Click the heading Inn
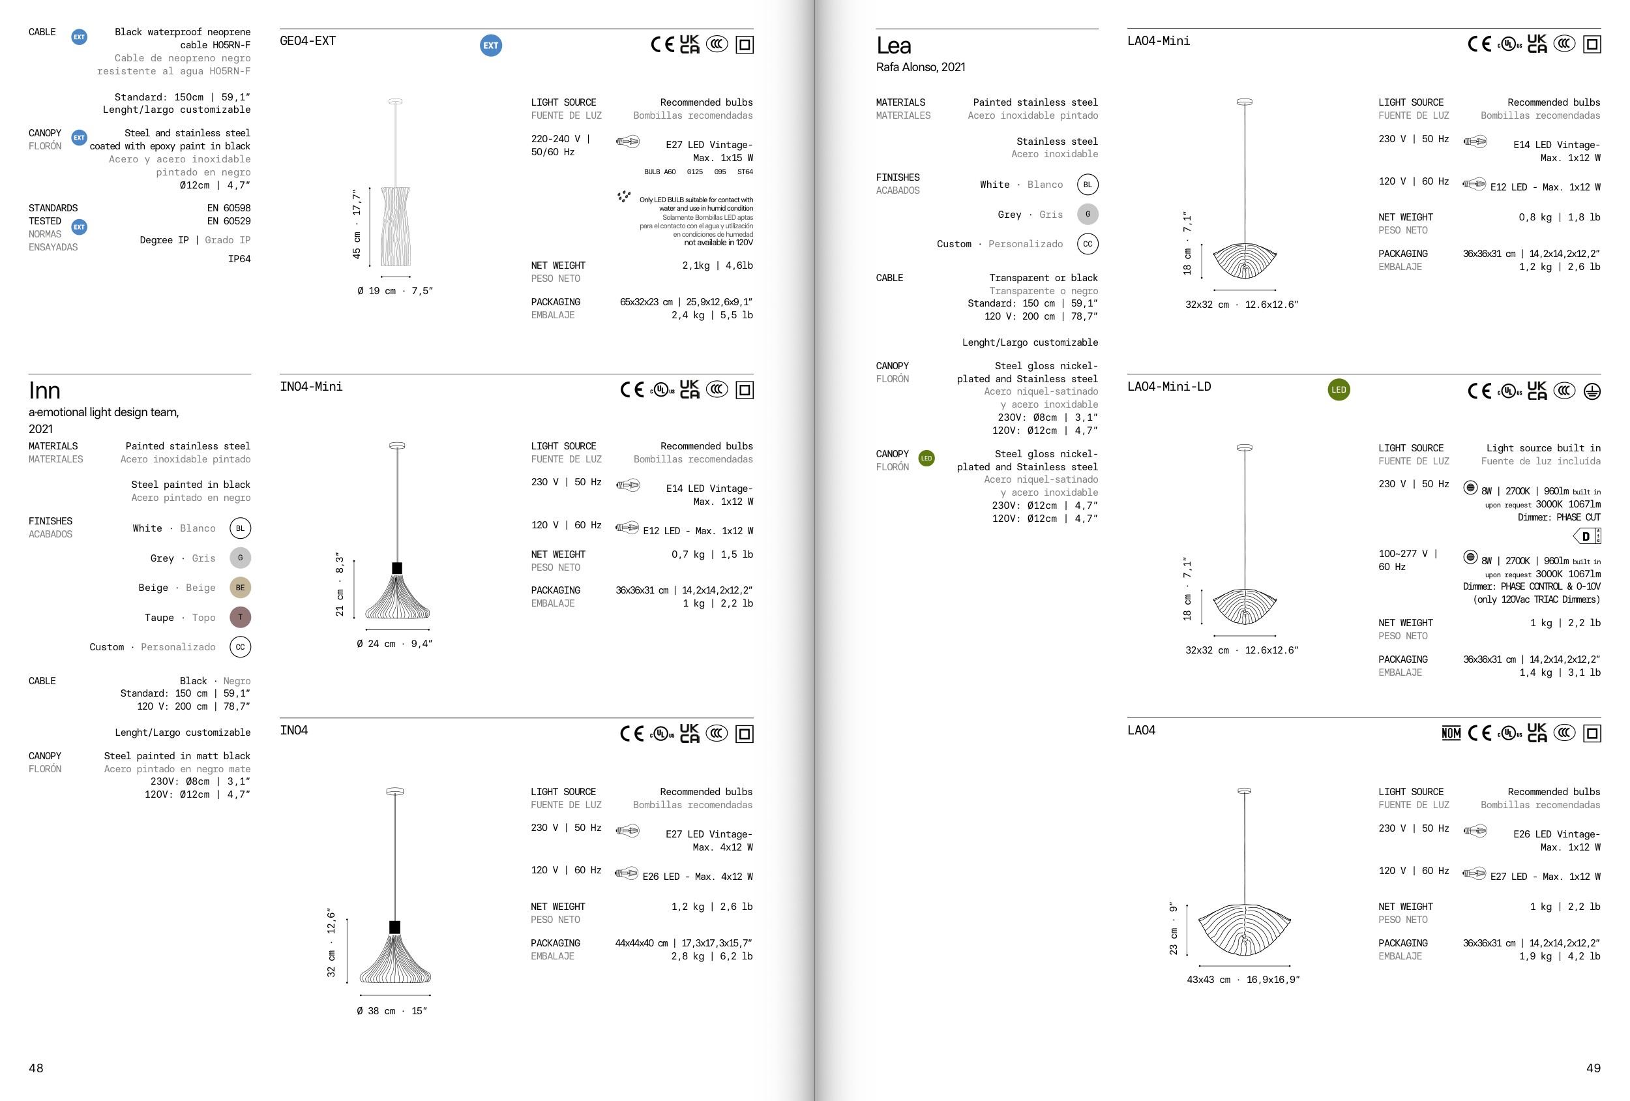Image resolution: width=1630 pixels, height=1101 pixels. pos(44,390)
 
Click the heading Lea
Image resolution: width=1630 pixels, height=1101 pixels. pos(893,46)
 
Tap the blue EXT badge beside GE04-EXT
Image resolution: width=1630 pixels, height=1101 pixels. pos(491,46)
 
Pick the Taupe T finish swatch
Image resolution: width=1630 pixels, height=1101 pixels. pos(240,618)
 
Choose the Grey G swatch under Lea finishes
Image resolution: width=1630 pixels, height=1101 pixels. pos(1087,215)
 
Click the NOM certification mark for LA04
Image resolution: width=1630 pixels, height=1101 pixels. pos(1451,733)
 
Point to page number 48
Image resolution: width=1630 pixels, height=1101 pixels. pos(36,1068)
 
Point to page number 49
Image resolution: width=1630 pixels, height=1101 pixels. pos(1593,1068)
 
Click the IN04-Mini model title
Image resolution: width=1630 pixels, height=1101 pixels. pos(312,387)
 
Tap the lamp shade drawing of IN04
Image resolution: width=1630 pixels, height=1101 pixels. pos(395,958)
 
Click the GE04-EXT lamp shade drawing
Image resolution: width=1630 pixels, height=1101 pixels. pos(396,226)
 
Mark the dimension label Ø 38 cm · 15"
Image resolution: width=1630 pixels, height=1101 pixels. pos(391,1011)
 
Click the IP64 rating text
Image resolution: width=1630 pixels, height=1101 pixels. pos(239,259)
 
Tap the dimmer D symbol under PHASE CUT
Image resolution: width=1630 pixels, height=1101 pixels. pos(1586,537)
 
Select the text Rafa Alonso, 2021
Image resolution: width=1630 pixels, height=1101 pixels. pos(920,67)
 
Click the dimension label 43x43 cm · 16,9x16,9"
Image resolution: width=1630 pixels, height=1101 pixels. pos(1243,980)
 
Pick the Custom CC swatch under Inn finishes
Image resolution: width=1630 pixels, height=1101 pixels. pos(240,647)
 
